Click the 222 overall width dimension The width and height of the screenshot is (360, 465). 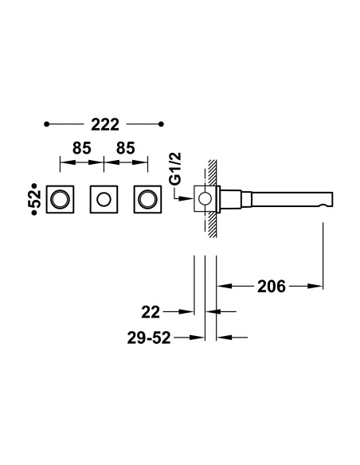point(105,124)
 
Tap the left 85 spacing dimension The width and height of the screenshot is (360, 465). point(82,148)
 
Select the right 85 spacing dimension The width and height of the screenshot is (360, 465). point(126,148)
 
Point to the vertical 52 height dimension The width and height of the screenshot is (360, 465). point(35,199)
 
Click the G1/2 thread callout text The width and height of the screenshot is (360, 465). point(176,170)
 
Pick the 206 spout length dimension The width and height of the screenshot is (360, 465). point(272,287)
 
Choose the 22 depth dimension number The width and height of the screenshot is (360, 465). point(151,312)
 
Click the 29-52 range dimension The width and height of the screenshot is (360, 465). point(149,338)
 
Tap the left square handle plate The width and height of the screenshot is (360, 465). point(60,199)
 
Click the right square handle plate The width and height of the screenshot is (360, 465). point(147,199)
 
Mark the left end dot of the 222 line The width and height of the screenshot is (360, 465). point(46,124)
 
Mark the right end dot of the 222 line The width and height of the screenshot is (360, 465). point(161,124)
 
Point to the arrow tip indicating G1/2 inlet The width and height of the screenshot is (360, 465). point(193,198)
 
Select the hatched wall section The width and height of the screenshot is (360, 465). point(213,198)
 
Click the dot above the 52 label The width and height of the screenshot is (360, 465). point(34,186)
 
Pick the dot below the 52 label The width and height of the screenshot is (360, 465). point(34,213)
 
